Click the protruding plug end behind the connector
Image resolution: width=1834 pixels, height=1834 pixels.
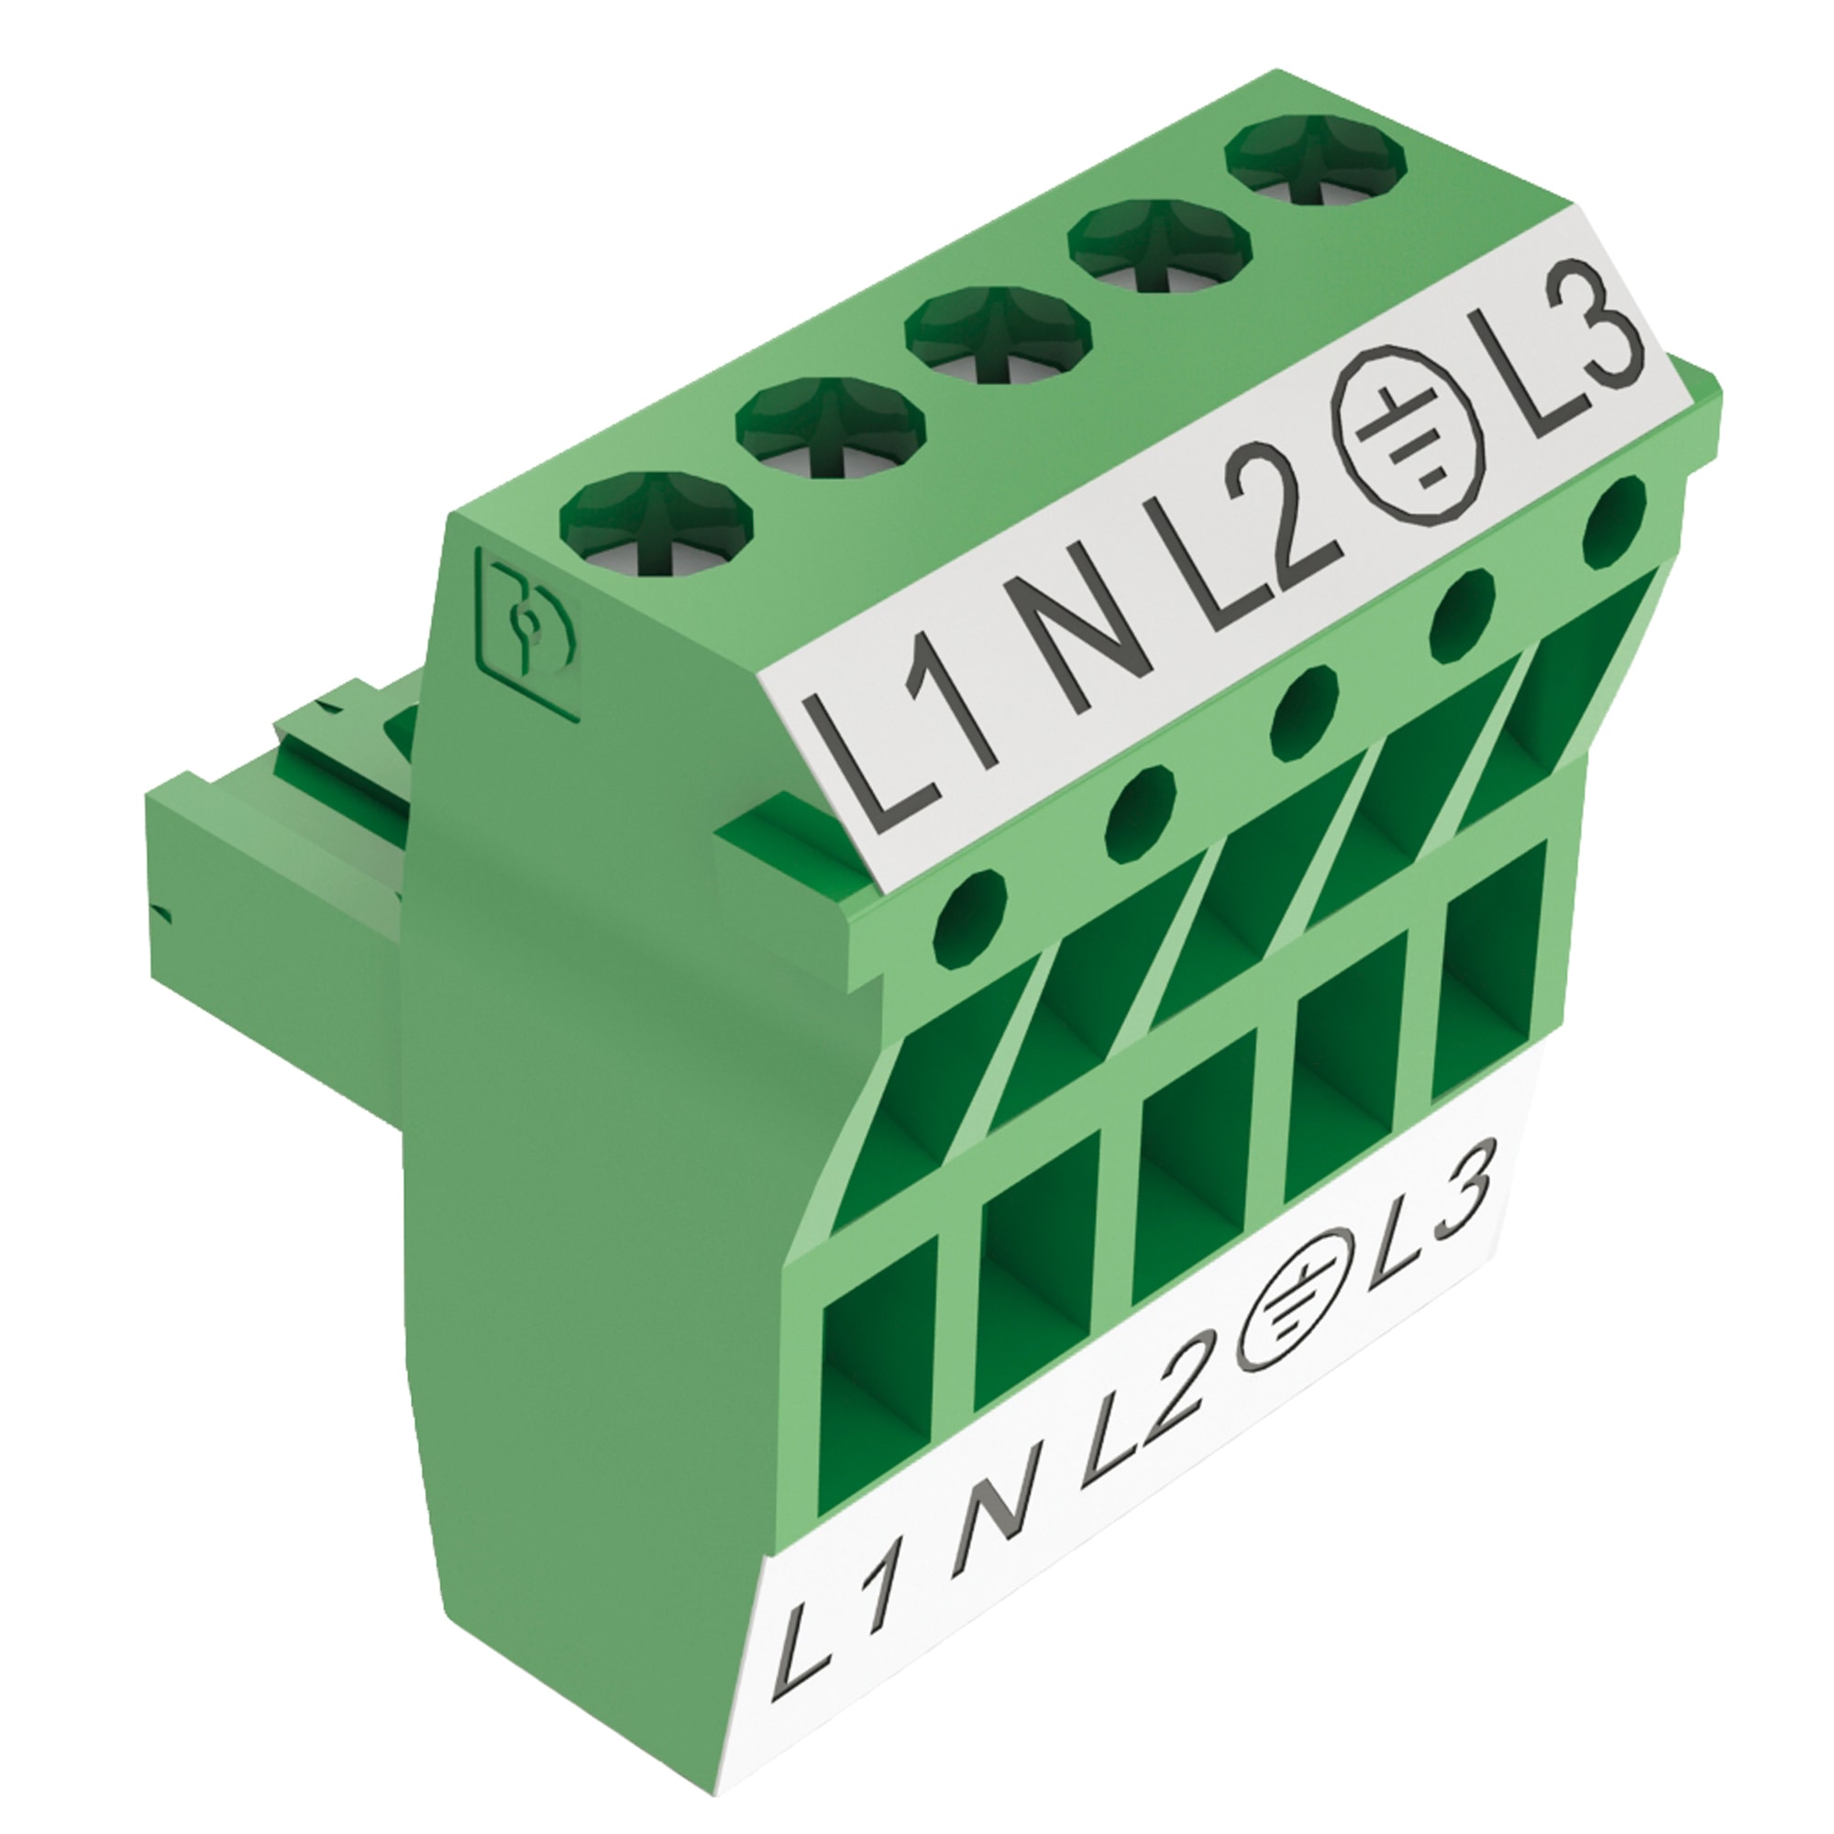pyautogui.click(x=275, y=911)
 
